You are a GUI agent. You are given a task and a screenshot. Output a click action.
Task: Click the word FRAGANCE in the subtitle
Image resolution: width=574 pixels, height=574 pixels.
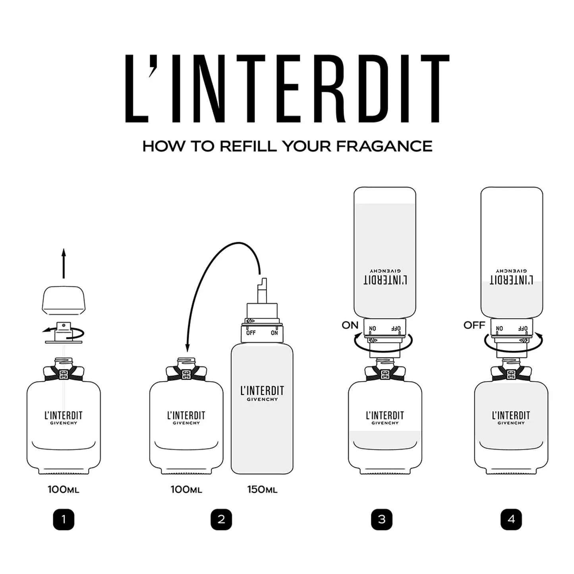(x=385, y=146)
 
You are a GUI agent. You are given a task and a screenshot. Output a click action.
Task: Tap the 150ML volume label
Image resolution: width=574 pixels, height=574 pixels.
(x=262, y=489)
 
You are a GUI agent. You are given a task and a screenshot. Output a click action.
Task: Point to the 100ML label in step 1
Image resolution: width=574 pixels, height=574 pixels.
(x=64, y=489)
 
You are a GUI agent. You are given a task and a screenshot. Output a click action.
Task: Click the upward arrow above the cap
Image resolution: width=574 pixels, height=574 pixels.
(x=64, y=263)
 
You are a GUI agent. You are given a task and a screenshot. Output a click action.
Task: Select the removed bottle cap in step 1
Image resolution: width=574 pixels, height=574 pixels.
(x=64, y=301)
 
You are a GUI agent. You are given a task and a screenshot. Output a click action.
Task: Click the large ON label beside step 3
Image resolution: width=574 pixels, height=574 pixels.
(x=350, y=325)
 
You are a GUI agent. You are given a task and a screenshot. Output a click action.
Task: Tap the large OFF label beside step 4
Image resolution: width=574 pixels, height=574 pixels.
(x=474, y=325)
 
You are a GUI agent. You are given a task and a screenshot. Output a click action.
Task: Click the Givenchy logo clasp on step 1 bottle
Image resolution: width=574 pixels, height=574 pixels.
(x=64, y=375)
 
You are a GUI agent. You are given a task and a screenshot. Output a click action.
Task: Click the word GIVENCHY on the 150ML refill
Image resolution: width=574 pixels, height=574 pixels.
(x=262, y=400)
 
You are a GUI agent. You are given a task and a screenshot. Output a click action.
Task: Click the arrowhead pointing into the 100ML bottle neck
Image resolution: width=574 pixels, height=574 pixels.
(x=187, y=348)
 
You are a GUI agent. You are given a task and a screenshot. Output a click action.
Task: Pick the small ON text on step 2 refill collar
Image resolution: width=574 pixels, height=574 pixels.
(x=274, y=333)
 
